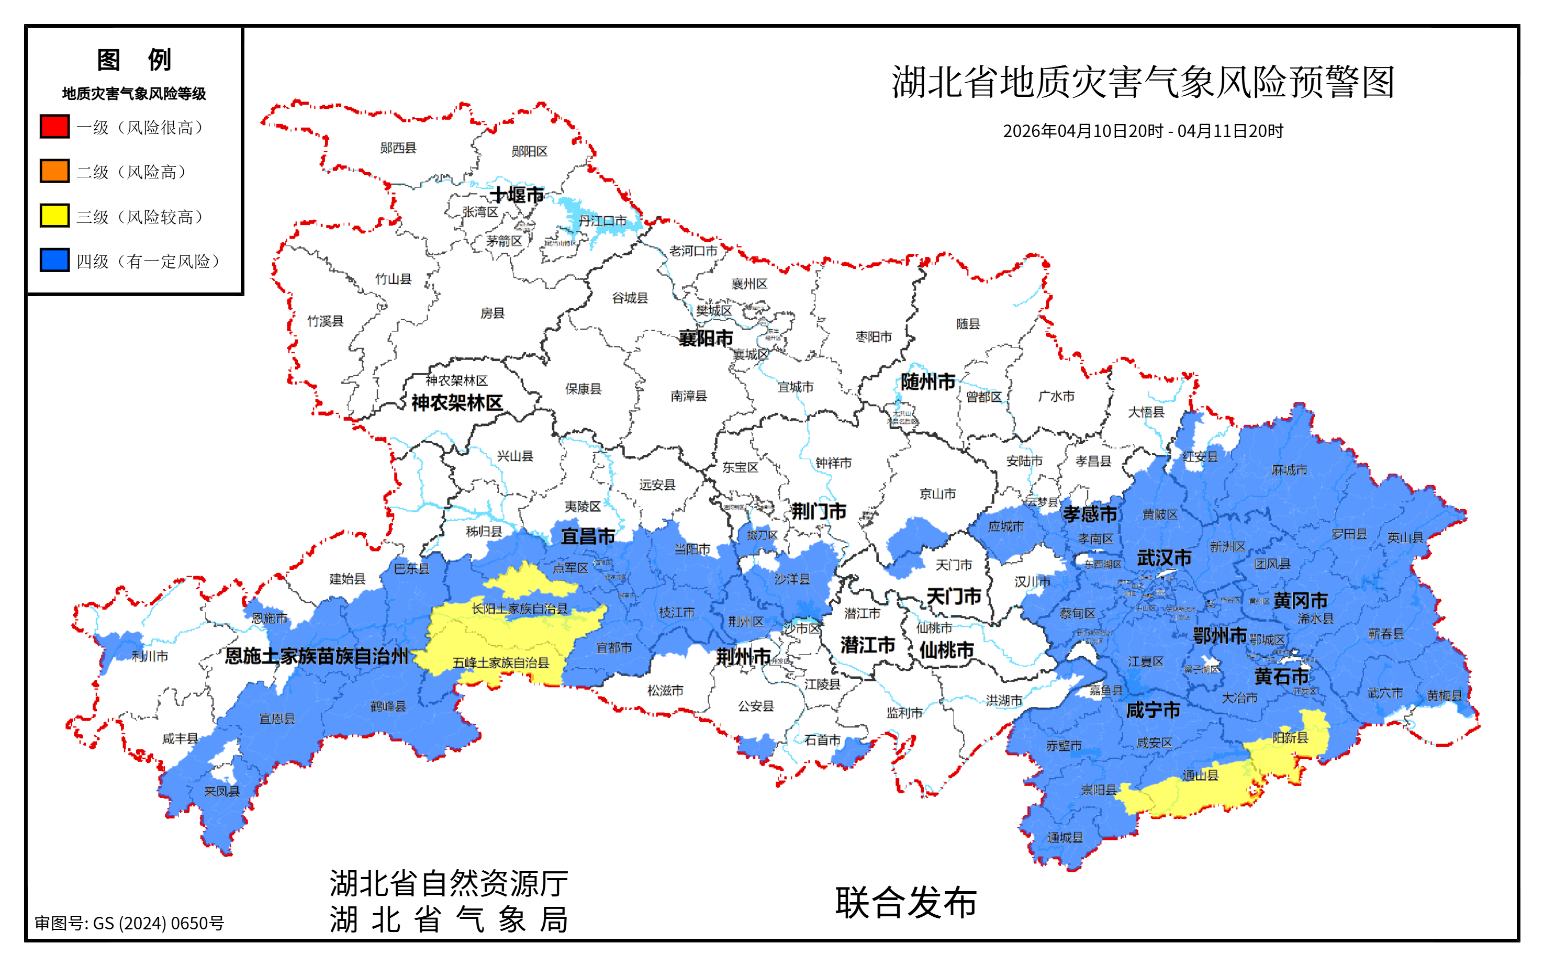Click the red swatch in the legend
click(54, 127)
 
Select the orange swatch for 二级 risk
click(54, 171)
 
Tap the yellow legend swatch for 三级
click(54, 216)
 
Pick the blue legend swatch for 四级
click(54, 261)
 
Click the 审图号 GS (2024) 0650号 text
click(130, 923)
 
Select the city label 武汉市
click(1163, 558)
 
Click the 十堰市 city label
click(516, 194)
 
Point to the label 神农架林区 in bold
click(457, 403)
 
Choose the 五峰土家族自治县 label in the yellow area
click(501, 662)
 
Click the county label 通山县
click(1200, 776)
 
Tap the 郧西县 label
click(398, 148)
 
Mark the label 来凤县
click(222, 792)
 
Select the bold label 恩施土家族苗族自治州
click(316, 656)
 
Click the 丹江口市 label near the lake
click(602, 221)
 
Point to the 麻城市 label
click(1289, 470)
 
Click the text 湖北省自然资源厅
click(449, 884)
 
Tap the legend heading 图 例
click(133, 60)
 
